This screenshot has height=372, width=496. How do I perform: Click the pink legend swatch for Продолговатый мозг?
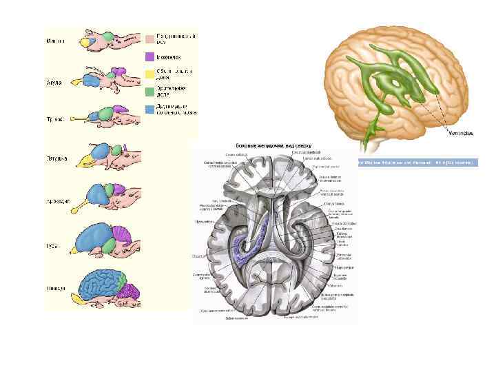click(x=149, y=39)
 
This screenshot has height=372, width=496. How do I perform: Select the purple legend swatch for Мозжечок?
click(x=149, y=56)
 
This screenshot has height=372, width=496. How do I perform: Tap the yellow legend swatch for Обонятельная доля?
click(x=149, y=73)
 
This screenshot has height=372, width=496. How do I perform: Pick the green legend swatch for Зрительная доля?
click(x=149, y=91)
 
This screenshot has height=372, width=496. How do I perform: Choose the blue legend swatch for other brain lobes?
click(x=149, y=109)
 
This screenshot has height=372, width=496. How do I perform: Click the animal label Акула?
click(x=54, y=82)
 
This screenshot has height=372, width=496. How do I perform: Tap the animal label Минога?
click(x=56, y=41)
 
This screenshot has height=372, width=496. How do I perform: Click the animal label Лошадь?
click(x=56, y=288)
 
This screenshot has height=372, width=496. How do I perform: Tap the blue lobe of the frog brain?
click(x=97, y=153)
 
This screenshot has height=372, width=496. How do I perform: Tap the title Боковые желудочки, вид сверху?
click(x=274, y=145)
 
